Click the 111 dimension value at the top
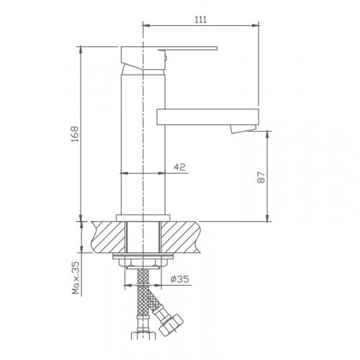click(x=201, y=19)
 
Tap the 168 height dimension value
click(x=75, y=134)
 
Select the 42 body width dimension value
click(x=180, y=167)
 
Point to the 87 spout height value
click(x=261, y=177)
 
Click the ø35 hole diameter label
click(x=180, y=279)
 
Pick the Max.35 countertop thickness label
click(x=76, y=278)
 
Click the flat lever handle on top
click(x=188, y=48)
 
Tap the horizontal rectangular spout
click(x=208, y=117)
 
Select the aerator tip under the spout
click(x=243, y=129)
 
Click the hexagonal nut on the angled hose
click(x=171, y=325)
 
